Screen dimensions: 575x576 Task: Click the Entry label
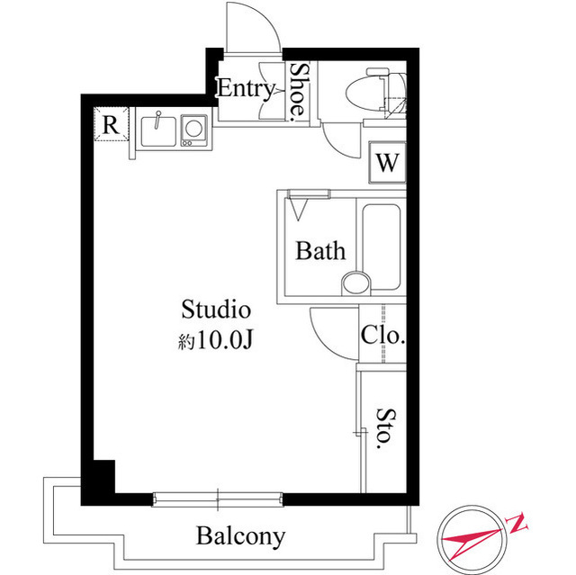click(246, 88)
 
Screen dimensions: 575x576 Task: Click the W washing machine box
click(387, 163)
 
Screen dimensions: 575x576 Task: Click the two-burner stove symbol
click(193, 130)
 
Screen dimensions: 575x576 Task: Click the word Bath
click(320, 250)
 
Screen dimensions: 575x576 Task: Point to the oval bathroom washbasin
click(355, 282)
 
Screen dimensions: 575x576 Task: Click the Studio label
click(215, 310)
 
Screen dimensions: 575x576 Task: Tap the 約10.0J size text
click(214, 341)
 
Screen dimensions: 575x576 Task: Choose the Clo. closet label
click(383, 337)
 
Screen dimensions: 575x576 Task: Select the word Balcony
click(241, 537)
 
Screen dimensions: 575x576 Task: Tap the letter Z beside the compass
click(520, 520)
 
